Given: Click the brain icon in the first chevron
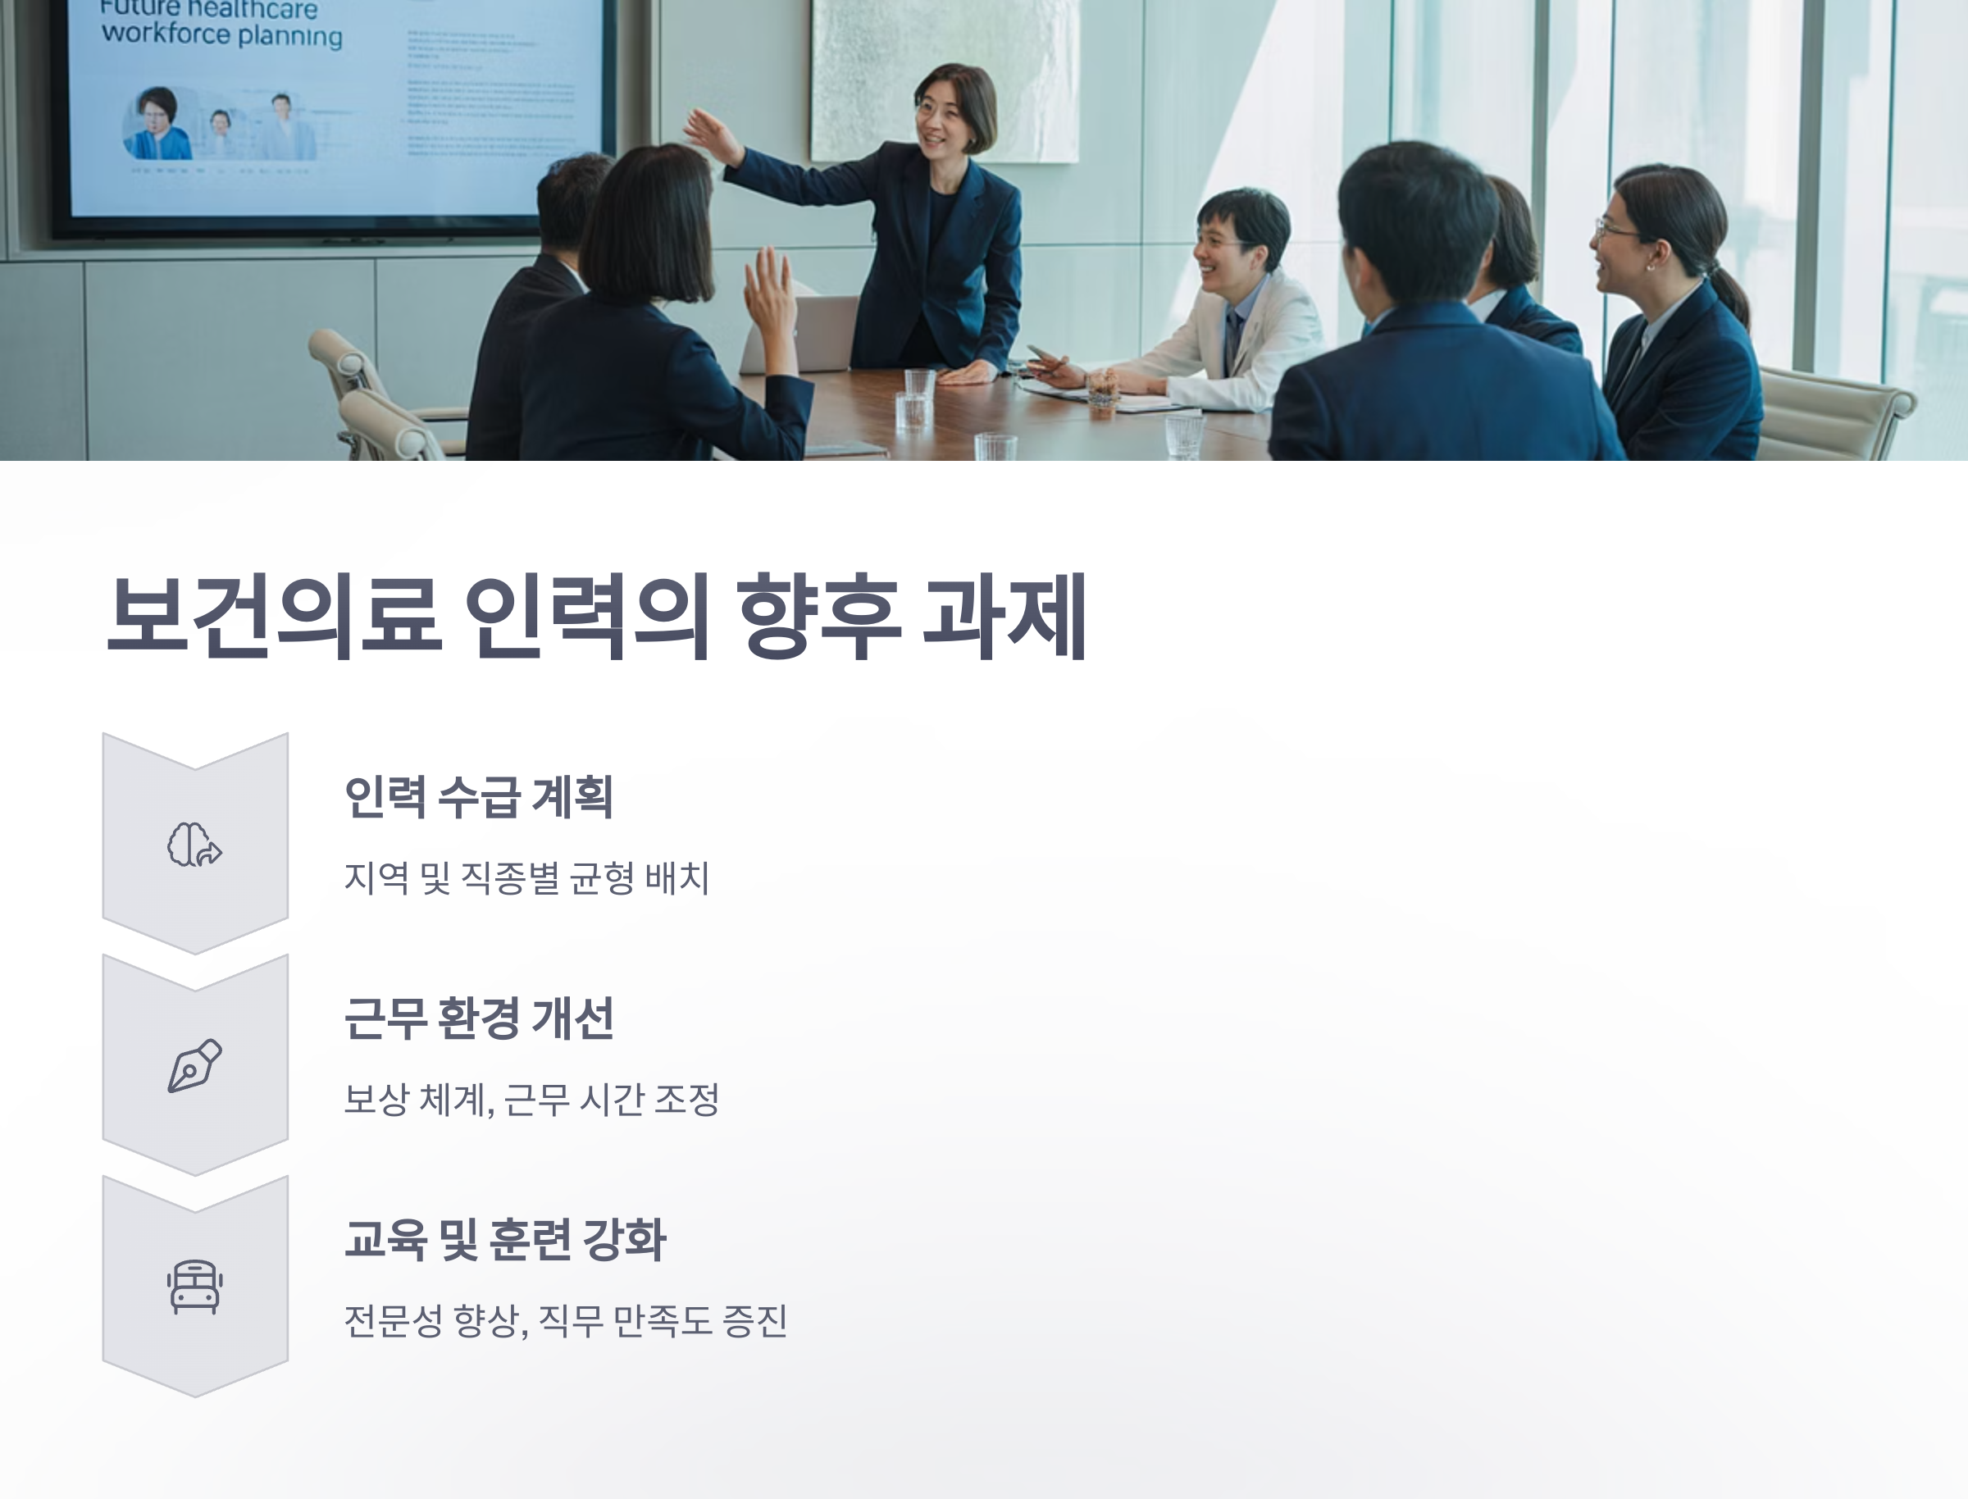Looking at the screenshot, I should pos(194,844).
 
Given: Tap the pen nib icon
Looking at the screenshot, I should pos(194,1065).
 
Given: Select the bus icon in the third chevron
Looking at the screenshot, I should pos(194,1287).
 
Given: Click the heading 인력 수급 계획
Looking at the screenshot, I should pos(478,797).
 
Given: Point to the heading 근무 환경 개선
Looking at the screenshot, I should pos(479,1018).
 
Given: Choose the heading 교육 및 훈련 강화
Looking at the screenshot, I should pos(505,1239).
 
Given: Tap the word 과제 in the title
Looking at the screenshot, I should pos(1004,617).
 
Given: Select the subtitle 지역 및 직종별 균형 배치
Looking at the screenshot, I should pos(526,878).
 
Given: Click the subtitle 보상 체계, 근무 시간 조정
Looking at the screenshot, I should pos(531,1100).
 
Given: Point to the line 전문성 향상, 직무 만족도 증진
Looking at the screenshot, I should pos(566,1320).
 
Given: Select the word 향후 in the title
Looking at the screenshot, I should pos(819,617).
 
